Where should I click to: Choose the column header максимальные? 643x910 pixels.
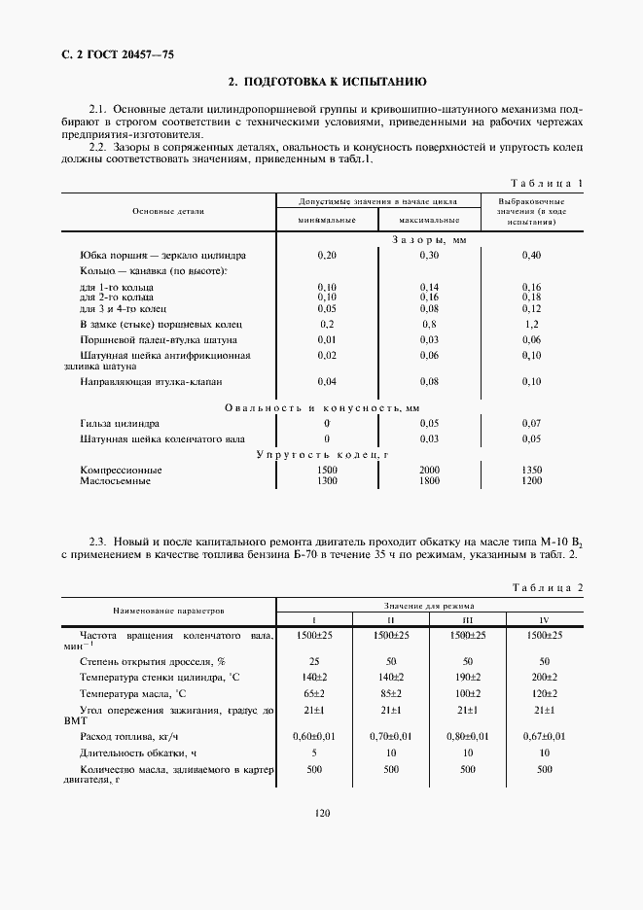point(429,222)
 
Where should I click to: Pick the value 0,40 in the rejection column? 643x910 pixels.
point(531,255)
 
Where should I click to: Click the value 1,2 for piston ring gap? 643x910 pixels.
point(531,323)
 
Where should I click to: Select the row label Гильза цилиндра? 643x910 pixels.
point(121,424)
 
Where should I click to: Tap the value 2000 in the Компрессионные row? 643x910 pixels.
point(429,470)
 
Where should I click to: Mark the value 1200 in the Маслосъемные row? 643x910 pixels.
point(531,481)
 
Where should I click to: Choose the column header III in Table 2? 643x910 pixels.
point(468,619)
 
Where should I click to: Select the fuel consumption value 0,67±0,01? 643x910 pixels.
point(544,737)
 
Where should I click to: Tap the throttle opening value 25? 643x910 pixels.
point(313,660)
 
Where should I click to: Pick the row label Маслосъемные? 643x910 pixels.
point(115,481)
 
